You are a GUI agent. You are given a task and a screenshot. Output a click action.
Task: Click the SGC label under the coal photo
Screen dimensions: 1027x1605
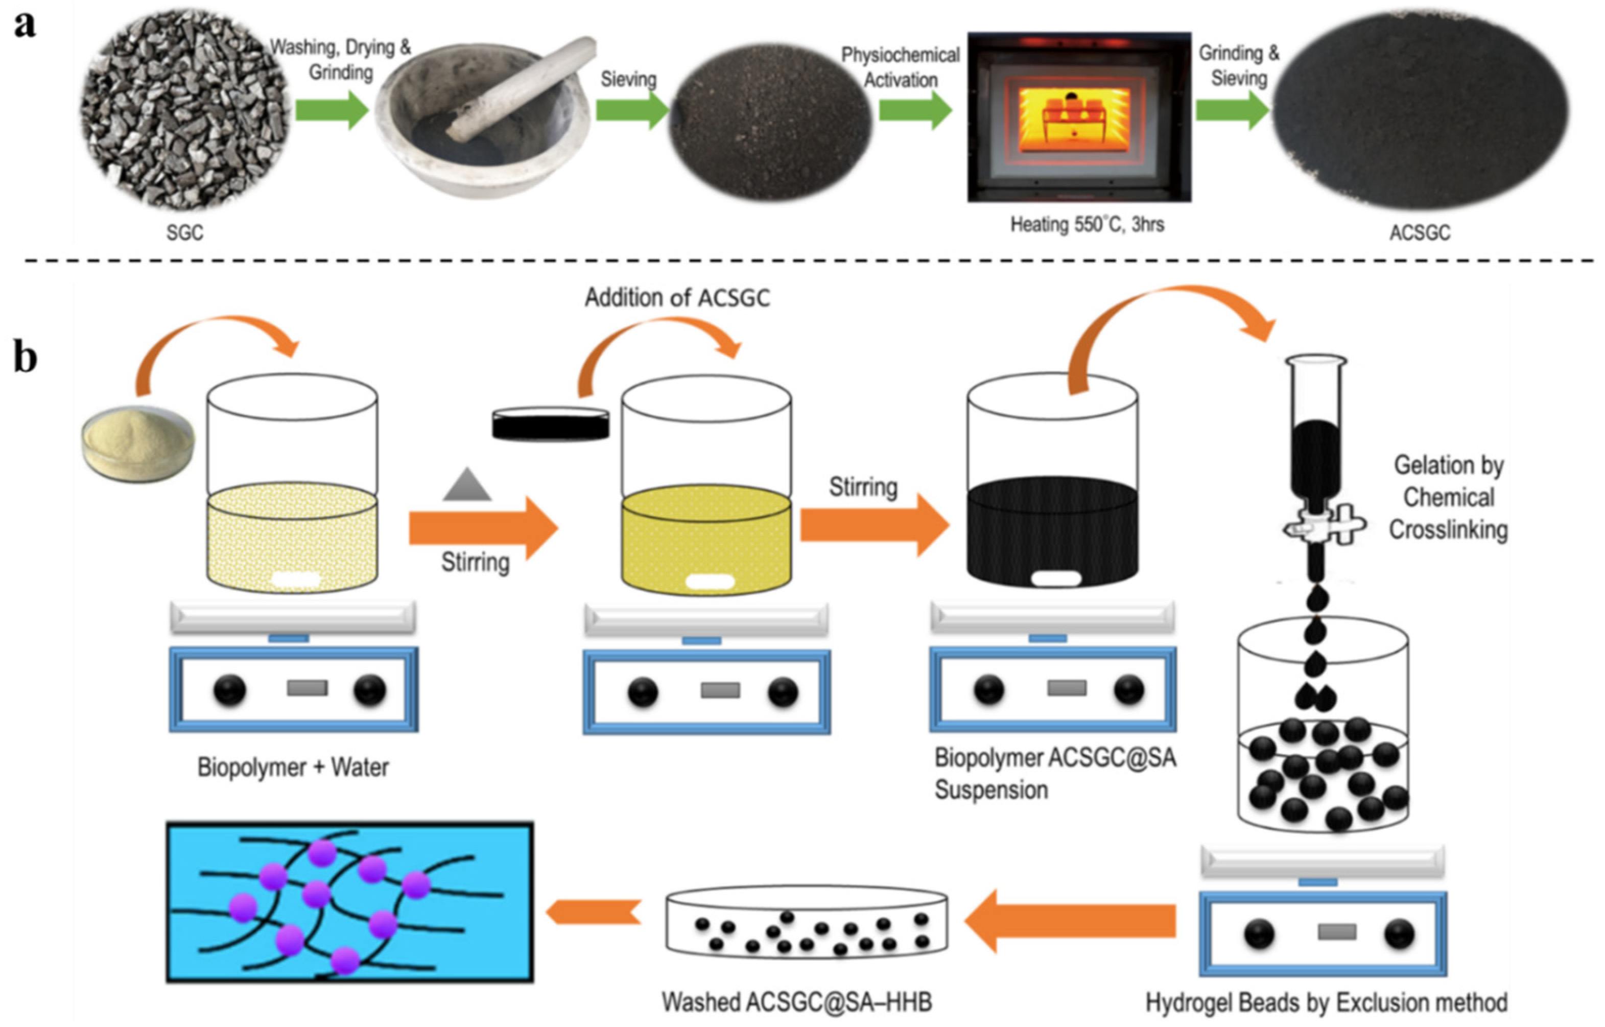[x=184, y=233]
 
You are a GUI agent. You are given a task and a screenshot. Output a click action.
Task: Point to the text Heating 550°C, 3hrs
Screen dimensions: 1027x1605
[x=1087, y=224]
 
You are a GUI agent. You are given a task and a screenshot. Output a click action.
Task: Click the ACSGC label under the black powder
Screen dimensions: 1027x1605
[x=1420, y=233]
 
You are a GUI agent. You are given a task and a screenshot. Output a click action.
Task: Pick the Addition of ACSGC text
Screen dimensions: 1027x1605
[x=677, y=297]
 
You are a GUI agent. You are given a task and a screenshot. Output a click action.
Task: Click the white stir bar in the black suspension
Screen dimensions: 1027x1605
[x=1056, y=578]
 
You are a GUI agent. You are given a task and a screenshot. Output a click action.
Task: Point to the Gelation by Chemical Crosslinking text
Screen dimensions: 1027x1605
[x=1448, y=497]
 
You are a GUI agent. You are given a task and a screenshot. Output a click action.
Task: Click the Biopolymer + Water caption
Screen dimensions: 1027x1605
[x=293, y=767]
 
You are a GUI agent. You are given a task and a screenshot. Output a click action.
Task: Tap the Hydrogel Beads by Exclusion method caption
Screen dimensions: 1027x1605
[x=1326, y=1002]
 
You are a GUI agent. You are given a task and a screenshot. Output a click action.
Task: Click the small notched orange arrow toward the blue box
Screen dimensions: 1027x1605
[x=593, y=912]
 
